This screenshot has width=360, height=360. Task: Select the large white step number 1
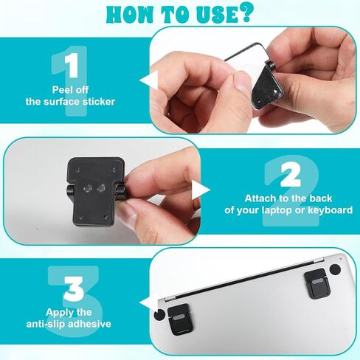pyautogui.click(x=72, y=66)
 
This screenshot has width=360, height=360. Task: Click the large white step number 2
pyautogui.click(x=291, y=175)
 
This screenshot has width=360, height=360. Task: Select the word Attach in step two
pyautogui.click(x=260, y=198)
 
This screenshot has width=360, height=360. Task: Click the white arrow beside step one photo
pyautogui.click(x=148, y=80)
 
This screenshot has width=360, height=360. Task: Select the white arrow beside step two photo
pyautogui.click(x=201, y=190)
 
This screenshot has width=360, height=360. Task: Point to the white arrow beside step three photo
pyautogui.click(x=148, y=304)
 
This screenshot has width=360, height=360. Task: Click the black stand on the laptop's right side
pyautogui.click(x=316, y=283)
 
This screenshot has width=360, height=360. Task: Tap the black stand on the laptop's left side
pyautogui.click(x=180, y=319)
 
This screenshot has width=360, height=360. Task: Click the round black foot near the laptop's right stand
pyautogui.click(x=336, y=269)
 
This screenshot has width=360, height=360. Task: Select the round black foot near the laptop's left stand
pyautogui.click(x=159, y=314)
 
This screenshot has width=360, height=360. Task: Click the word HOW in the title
pyautogui.click(x=131, y=15)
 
